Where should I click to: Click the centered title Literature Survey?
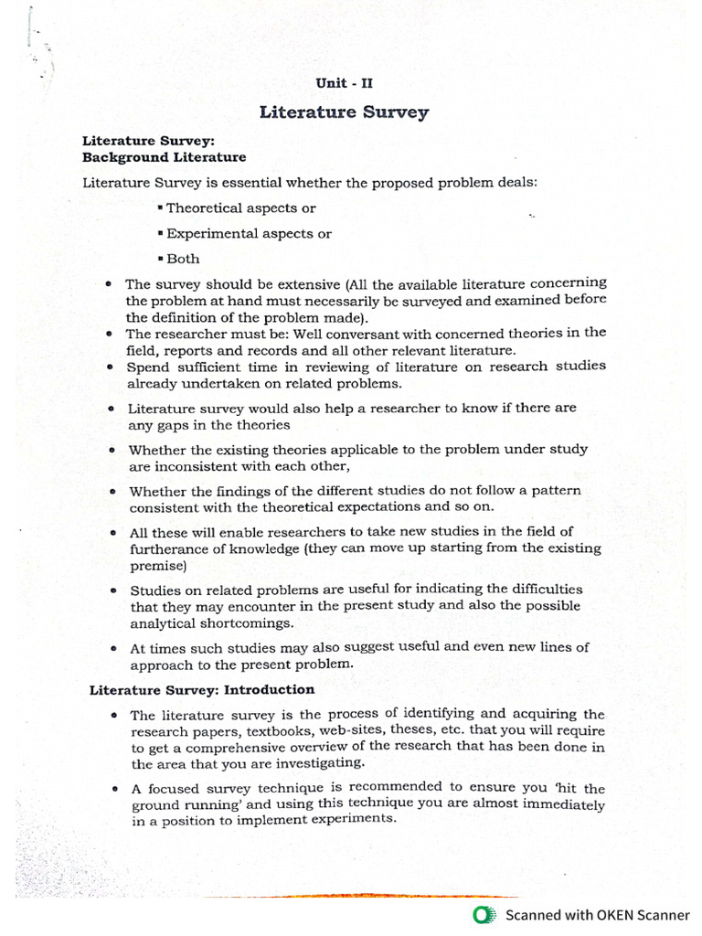[x=344, y=113]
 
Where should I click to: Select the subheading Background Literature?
[x=164, y=157]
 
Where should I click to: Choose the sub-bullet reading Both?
[x=179, y=259]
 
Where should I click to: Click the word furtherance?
[x=167, y=548]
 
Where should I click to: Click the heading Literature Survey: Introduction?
[x=202, y=690]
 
